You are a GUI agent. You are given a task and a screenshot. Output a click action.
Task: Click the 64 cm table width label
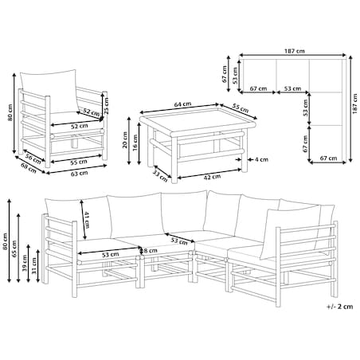tap(182, 104)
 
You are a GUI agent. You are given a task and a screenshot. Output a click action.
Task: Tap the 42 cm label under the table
tap(213, 177)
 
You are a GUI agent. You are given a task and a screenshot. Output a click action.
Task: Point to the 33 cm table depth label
tap(160, 176)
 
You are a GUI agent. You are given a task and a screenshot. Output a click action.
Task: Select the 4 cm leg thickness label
tap(261, 159)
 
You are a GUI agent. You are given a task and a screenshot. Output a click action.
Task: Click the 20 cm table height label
tap(125, 139)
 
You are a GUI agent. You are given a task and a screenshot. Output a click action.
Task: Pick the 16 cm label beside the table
tap(135, 142)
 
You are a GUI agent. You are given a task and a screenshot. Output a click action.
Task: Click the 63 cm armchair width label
tap(79, 174)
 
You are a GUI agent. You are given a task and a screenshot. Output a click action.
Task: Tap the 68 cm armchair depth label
tap(29, 167)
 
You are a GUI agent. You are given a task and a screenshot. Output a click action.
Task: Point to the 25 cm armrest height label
tap(106, 106)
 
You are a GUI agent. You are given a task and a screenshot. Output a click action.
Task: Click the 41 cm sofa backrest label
tap(87, 220)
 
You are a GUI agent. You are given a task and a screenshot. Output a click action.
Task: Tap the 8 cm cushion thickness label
tap(151, 250)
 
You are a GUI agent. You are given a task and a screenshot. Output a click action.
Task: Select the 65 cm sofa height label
tap(14, 248)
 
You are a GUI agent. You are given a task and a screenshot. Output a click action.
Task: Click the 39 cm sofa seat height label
tap(25, 263)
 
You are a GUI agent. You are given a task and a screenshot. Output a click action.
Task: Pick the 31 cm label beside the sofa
tap(34, 266)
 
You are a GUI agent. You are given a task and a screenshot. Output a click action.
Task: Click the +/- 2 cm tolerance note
tap(340, 307)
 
